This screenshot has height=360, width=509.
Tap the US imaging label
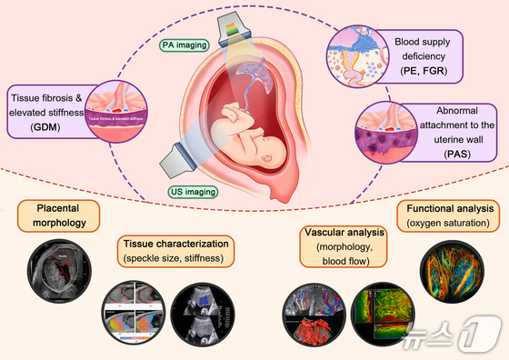pyautogui.click(x=192, y=191)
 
